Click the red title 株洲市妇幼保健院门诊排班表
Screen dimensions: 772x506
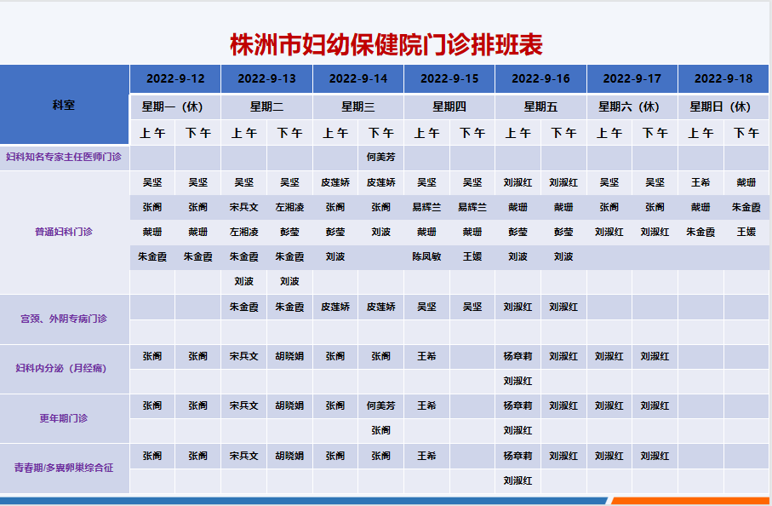click(386, 44)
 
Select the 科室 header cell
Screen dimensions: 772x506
click(64, 105)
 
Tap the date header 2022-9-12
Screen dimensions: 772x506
click(175, 79)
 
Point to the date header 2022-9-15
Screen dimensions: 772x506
click(449, 79)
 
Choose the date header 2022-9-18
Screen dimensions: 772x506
click(723, 79)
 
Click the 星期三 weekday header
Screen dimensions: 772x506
click(358, 107)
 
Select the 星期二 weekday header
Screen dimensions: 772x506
click(266, 107)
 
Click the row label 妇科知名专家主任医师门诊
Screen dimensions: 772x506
click(64, 157)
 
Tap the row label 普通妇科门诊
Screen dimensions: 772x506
click(64, 232)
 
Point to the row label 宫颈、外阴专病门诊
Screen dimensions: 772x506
click(64, 319)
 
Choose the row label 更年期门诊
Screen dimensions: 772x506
click(64, 418)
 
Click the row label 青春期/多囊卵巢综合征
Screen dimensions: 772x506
click(64, 468)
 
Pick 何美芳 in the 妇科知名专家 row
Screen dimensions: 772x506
click(380, 158)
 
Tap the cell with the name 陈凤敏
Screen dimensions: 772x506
click(426, 256)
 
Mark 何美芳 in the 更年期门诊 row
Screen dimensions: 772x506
click(380, 406)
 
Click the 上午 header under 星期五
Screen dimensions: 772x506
click(518, 133)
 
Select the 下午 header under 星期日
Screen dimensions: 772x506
click(746, 133)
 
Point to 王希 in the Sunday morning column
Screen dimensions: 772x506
click(701, 183)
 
